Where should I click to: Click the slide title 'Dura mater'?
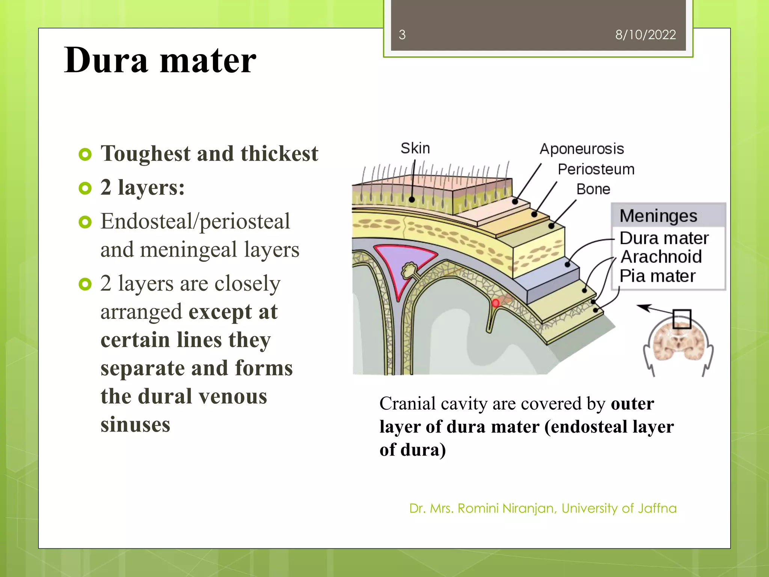click(x=160, y=60)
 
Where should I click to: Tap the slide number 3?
click(x=402, y=35)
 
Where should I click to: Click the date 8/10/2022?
click(x=645, y=35)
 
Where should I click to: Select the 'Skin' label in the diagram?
click(x=415, y=148)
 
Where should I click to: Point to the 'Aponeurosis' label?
click(x=582, y=149)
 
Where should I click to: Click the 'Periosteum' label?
click(x=596, y=169)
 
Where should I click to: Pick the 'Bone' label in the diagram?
click(x=593, y=189)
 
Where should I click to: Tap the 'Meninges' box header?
click(x=658, y=216)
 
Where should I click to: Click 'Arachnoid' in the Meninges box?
click(x=661, y=257)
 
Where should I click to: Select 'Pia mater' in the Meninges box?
click(x=657, y=276)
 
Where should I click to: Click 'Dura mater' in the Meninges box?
click(x=664, y=238)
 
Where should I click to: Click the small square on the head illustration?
click(x=682, y=319)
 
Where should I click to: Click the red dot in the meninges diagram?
click(x=495, y=303)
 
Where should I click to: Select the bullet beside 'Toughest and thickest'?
click(x=85, y=154)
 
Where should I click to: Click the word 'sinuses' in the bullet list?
click(x=135, y=424)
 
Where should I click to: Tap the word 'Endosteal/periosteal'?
click(x=195, y=221)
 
